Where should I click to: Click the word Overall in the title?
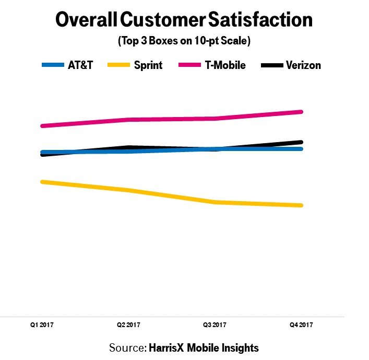point(86,20)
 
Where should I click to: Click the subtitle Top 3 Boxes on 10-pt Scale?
point(184,41)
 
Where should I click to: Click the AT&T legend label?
point(80,65)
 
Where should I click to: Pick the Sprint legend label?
point(148,65)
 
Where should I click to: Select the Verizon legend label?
point(303,65)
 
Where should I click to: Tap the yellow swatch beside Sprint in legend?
point(118,65)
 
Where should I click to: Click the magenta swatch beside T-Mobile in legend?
point(187,65)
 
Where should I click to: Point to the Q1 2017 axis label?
point(41,325)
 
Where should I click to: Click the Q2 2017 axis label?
point(128,325)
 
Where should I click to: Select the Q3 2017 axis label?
point(215,325)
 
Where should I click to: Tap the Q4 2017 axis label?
point(302,325)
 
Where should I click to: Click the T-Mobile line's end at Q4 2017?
point(301,112)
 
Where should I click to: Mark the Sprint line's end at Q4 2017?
point(301,205)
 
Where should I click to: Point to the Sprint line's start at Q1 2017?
point(42,182)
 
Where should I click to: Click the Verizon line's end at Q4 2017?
point(301,142)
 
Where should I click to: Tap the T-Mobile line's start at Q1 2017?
point(42,126)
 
